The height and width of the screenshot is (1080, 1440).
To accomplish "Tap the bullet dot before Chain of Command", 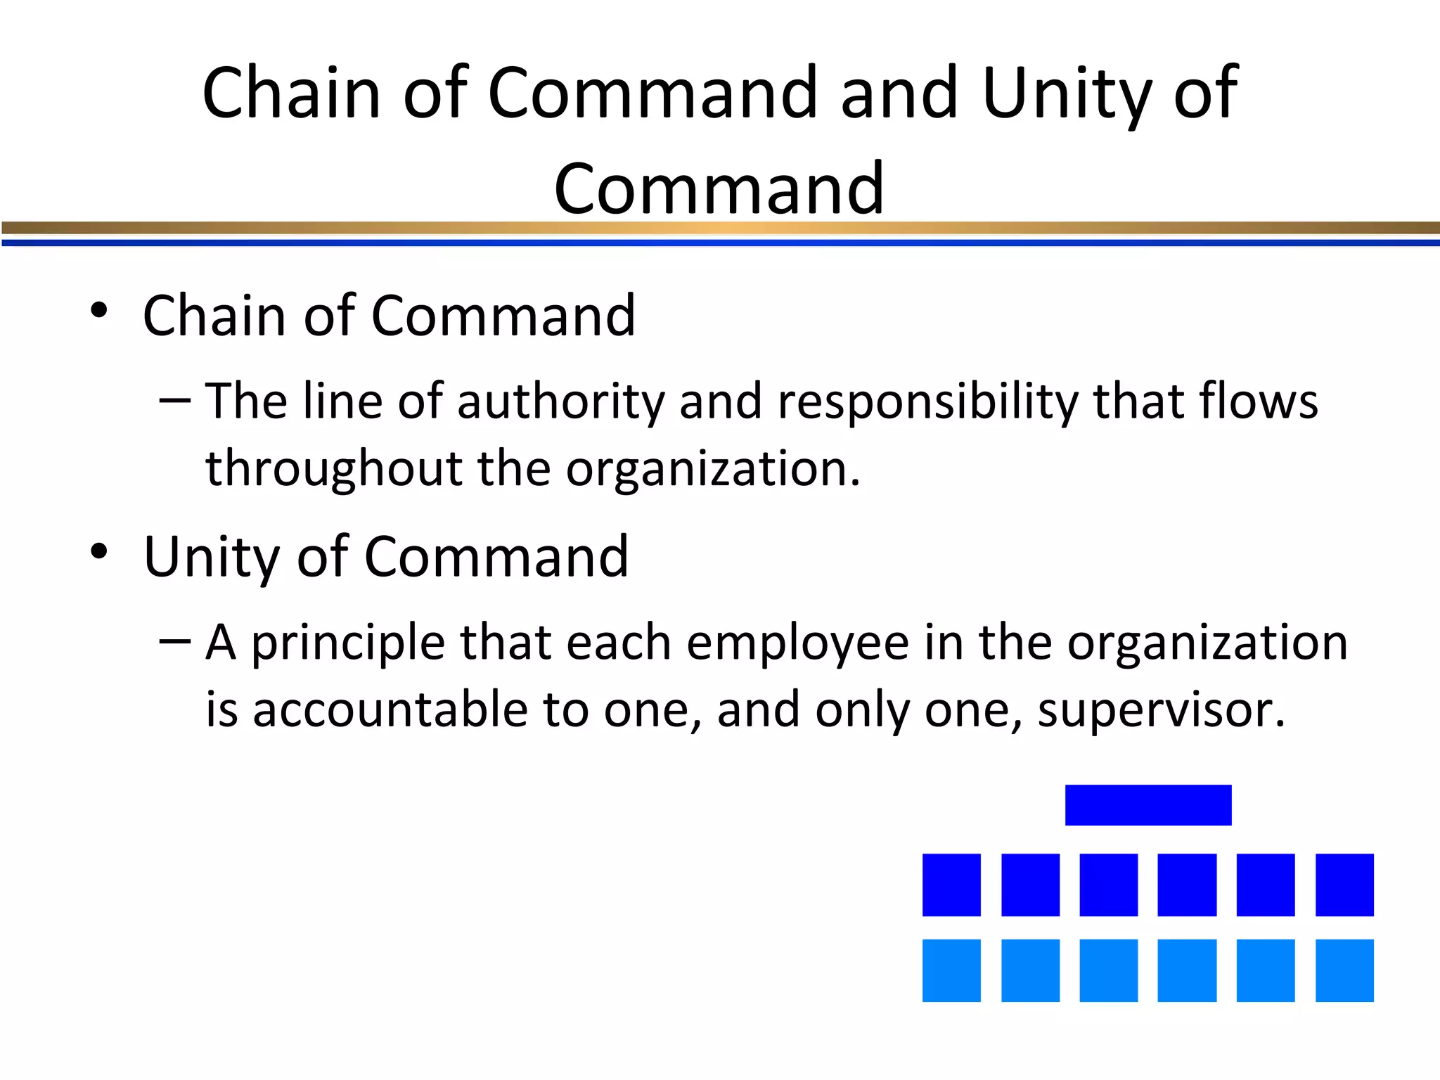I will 99,310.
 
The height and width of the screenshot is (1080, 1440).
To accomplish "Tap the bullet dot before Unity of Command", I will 99,551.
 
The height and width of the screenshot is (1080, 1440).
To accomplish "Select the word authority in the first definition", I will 560,401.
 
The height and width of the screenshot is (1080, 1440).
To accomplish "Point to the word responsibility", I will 927,401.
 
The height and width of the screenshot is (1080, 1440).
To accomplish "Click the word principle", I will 348,643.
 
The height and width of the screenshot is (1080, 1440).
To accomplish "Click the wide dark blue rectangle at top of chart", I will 1148,805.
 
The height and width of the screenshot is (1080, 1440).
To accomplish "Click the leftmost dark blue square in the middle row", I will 951,885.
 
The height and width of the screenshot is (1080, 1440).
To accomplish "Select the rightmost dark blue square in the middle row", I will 1344,885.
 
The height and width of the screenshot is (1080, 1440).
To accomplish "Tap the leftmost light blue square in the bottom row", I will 951,970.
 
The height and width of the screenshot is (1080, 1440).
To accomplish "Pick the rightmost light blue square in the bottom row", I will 1344,970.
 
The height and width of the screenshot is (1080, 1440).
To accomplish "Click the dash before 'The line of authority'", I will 175,401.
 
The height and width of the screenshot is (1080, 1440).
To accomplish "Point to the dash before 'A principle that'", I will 175,641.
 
